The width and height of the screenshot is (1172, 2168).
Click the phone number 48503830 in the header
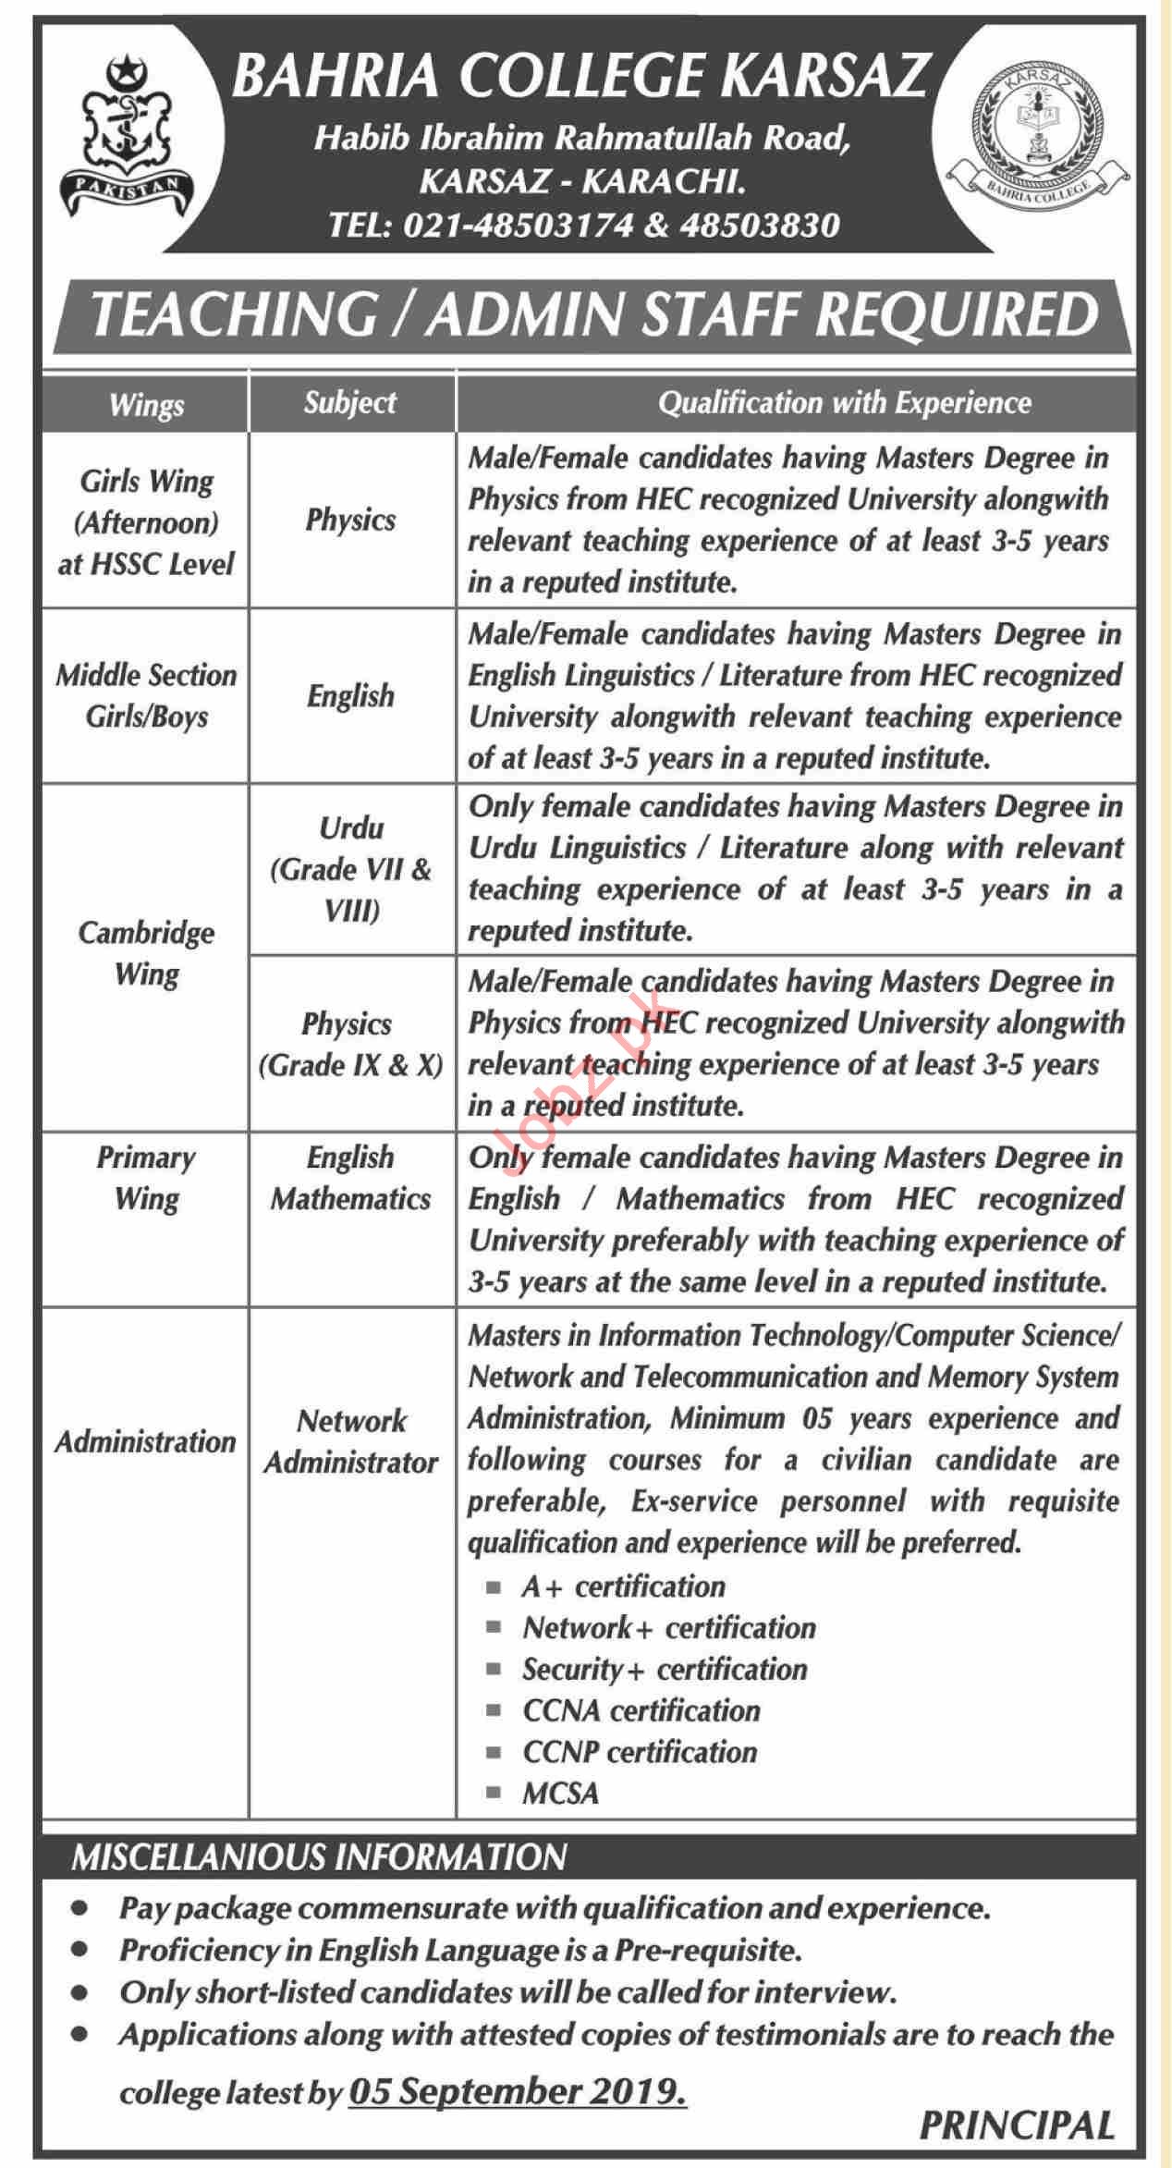click(x=759, y=225)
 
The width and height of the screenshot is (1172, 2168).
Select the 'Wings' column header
click(x=146, y=404)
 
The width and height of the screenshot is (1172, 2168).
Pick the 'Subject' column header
click(x=350, y=402)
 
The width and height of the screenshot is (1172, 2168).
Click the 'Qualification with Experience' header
click(x=844, y=403)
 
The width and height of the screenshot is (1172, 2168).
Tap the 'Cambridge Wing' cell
click(x=146, y=953)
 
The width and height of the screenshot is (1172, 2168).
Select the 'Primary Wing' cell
click(x=146, y=1178)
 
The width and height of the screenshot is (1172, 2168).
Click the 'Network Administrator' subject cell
click(x=351, y=1441)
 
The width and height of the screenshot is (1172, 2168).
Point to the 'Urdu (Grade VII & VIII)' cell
click(x=351, y=869)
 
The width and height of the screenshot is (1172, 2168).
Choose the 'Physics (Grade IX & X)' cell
click(x=350, y=1045)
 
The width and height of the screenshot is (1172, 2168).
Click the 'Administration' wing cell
click(x=146, y=1441)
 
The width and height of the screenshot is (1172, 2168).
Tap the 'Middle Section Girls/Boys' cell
click(x=146, y=695)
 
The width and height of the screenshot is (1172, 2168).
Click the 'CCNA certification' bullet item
click(x=641, y=1710)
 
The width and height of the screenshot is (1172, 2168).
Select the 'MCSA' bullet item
click(x=560, y=1794)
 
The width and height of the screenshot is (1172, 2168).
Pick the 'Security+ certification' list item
click(x=664, y=1669)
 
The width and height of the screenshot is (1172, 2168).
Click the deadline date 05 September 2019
click(x=518, y=2091)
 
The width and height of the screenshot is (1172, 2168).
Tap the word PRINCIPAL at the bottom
click(x=1017, y=2125)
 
